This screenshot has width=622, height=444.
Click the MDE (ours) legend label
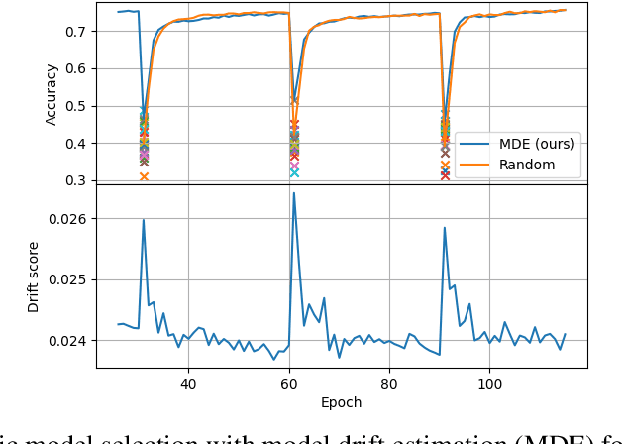pos(536,143)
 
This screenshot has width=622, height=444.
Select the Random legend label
pos(527,165)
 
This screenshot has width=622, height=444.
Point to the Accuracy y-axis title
pos(52,94)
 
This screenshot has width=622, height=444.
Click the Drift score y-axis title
pos(34,277)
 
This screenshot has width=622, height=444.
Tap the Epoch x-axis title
pos(342,402)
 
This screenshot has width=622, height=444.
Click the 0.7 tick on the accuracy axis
pos(76,31)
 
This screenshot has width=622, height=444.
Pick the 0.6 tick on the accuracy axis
pos(76,68)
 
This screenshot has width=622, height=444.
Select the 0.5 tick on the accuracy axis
pos(76,106)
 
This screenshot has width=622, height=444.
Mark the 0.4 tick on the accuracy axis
pos(76,144)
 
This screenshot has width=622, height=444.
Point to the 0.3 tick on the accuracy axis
pos(76,180)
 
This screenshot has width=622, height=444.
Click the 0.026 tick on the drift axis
pos(68,218)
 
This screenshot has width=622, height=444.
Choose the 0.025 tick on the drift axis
pos(68,279)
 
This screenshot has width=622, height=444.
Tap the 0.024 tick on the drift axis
pos(68,341)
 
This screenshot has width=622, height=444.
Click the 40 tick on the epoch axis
pos(188,383)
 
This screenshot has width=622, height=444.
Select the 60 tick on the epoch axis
pos(289,383)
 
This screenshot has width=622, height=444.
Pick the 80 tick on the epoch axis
pos(389,383)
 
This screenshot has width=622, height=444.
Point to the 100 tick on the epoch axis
pos(490,383)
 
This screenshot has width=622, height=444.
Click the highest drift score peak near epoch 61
pos(294,193)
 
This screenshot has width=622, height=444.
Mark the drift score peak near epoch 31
pos(144,220)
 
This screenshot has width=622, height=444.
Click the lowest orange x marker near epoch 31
pos(144,176)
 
